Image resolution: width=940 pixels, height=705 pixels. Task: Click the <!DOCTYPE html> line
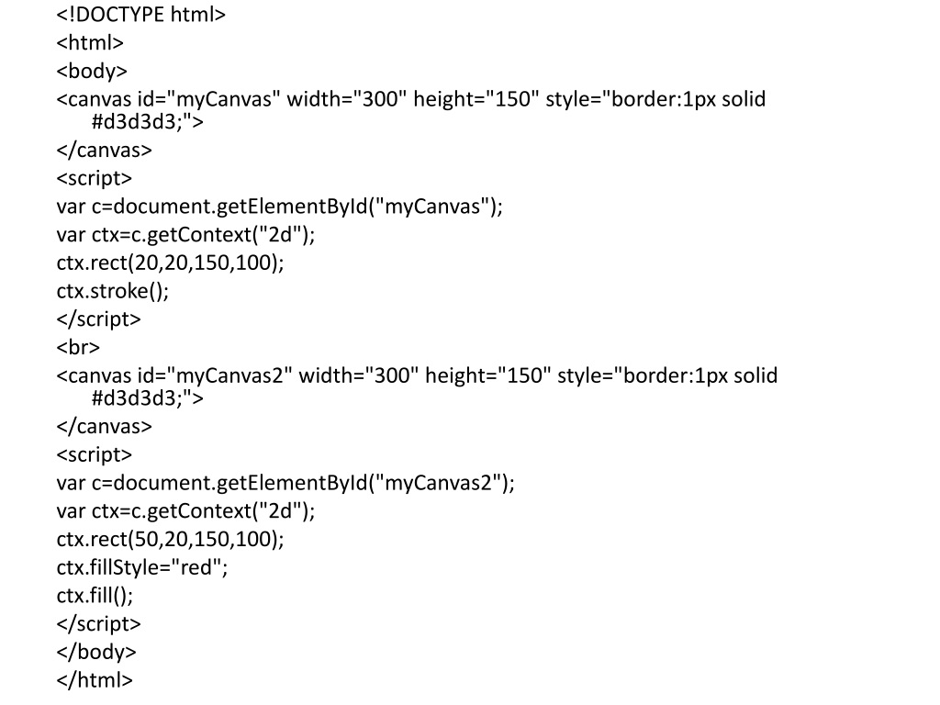click(x=140, y=15)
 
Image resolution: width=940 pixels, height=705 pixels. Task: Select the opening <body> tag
click(x=92, y=72)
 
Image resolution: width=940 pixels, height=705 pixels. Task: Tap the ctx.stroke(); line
click(x=113, y=291)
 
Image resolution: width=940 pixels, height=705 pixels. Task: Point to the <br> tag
click(x=78, y=348)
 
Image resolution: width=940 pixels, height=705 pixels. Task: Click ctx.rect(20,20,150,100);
click(x=170, y=263)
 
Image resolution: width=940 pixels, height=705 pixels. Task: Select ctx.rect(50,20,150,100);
click(x=170, y=539)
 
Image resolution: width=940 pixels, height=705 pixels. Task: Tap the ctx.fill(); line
click(x=95, y=596)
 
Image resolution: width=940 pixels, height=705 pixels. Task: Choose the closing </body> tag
click(x=95, y=652)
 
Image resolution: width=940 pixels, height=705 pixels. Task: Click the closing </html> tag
click(x=95, y=680)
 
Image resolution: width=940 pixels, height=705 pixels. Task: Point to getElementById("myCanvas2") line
click(x=285, y=483)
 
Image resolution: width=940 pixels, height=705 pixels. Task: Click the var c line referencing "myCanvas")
click(x=279, y=207)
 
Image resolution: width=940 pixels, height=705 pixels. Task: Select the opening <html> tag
click(x=90, y=43)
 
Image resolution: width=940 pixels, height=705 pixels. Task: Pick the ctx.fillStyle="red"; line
click(x=141, y=567)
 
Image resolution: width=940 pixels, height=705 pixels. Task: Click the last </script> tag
click(x=98, y=623)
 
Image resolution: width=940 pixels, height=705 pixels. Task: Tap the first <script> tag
click(x=95, y=178)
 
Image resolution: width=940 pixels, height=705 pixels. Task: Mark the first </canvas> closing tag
click(x=104, y=150)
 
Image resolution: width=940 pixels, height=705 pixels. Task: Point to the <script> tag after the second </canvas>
click(x=95, y=454)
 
